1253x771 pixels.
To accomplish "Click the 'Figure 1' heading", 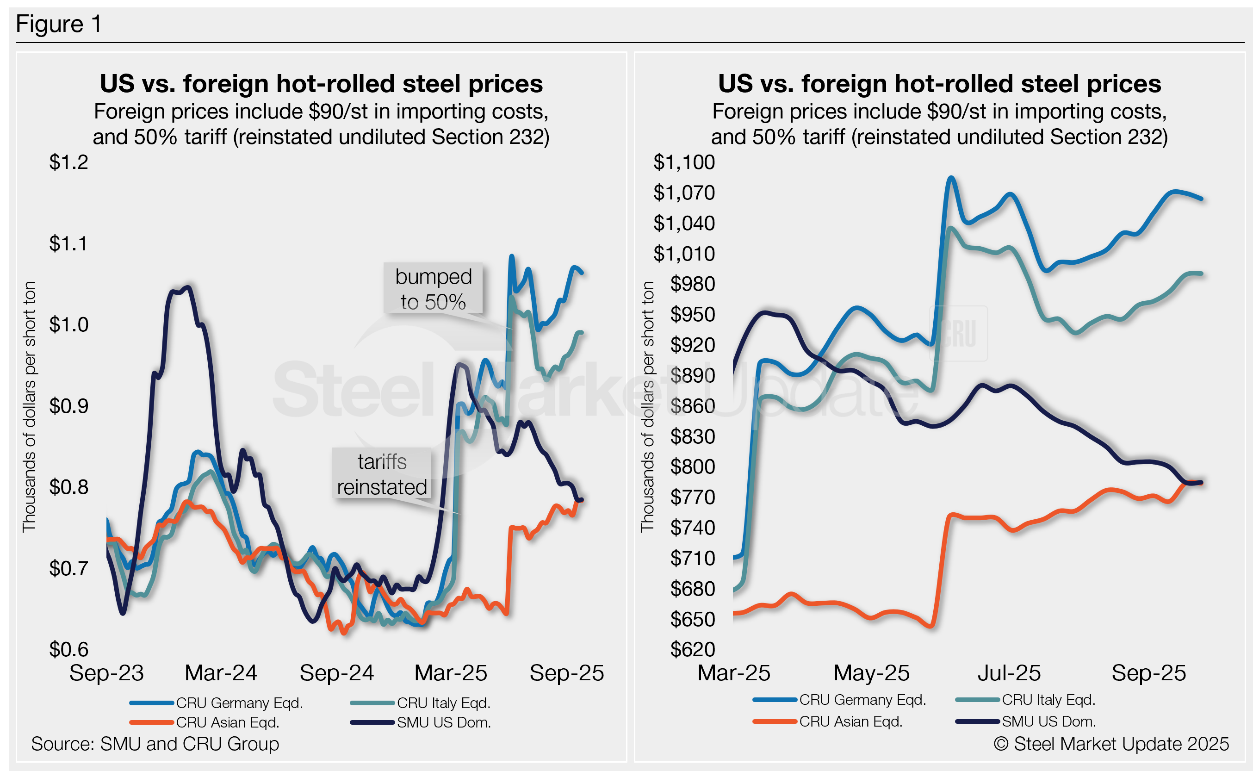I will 59,24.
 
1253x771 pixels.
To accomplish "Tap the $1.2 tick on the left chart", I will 68,162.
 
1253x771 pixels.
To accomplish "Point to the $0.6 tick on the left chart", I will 68,649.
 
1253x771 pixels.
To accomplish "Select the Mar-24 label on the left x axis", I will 221,673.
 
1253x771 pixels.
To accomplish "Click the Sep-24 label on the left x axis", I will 336,673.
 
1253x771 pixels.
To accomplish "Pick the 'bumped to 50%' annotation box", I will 433,289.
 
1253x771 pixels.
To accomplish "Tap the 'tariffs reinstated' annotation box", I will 381,474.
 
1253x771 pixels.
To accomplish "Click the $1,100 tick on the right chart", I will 683,162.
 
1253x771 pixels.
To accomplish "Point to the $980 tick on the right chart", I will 692,284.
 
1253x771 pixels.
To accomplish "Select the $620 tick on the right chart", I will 692,649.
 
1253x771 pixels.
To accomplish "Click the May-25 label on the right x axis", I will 871,673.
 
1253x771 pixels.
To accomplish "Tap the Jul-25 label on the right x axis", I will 1009,673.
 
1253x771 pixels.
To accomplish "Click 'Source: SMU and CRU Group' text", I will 155,744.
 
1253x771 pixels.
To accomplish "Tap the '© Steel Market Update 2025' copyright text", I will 1111,744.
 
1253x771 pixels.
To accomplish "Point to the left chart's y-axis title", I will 29,406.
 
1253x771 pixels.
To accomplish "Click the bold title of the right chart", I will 939,84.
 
